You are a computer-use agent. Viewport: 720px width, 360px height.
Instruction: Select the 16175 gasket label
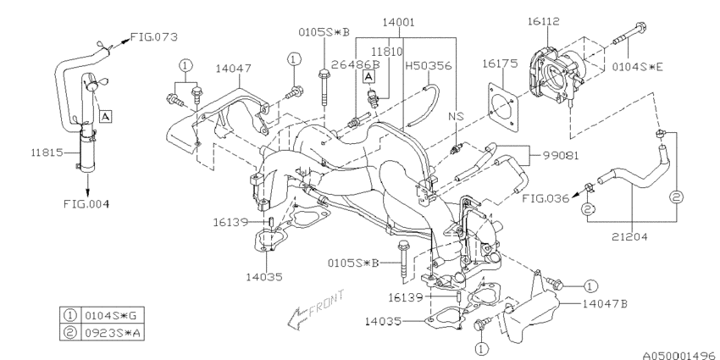point(499,64)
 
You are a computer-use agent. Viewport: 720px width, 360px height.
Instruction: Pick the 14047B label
point(606,300)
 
